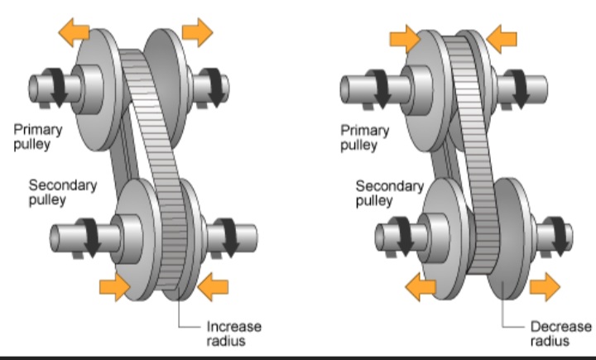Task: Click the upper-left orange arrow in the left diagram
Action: [72, 33]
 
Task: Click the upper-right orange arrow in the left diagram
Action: [198, 32]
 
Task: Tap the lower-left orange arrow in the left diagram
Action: [115, 286]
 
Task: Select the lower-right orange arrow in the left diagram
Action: [213, 287]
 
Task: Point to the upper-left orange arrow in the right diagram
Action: [403, 36]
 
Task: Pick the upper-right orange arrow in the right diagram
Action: [502, 36]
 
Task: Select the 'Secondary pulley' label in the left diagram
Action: [62, 192]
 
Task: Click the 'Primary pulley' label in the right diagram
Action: [364, 137]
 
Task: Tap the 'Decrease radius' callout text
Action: [562, 332]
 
